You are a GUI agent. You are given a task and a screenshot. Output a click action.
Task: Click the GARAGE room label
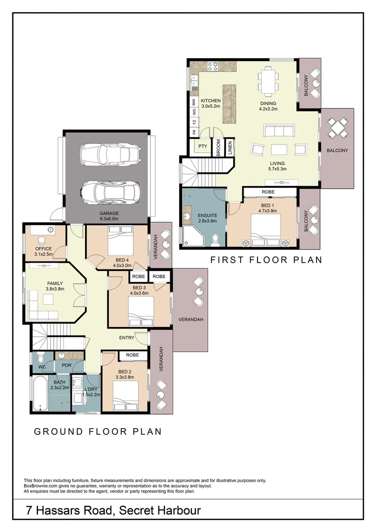coord(109,213)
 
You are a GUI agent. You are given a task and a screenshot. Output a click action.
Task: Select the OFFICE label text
coord(43,249)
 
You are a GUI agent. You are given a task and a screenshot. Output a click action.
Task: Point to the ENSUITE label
coord(207,215)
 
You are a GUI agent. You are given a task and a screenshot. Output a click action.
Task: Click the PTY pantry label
coord(203,146)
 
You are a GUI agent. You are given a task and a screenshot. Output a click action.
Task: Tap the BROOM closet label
coord(219,148)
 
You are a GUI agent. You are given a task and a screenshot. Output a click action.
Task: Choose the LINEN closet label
coord(230,148)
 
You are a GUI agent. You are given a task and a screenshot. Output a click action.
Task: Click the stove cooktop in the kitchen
coord(213,66)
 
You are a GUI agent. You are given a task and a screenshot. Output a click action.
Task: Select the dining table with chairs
coord(269,81)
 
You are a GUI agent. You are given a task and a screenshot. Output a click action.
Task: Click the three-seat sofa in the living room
coord(279,132)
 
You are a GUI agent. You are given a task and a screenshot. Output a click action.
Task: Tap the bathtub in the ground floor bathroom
coord(40,393)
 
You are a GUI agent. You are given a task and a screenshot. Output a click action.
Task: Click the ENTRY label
coord(127,337)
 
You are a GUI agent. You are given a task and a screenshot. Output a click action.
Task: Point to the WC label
coord(42,367)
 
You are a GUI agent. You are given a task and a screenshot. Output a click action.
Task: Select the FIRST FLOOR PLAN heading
coord(266,260)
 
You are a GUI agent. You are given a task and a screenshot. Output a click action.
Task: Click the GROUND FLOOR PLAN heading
coord(98,432)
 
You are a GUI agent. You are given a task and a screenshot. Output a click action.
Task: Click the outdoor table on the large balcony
coord(338,128)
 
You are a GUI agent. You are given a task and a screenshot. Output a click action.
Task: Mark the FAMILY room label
coord(55,284)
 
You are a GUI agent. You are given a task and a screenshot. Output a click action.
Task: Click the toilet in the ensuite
coord(215,240)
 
